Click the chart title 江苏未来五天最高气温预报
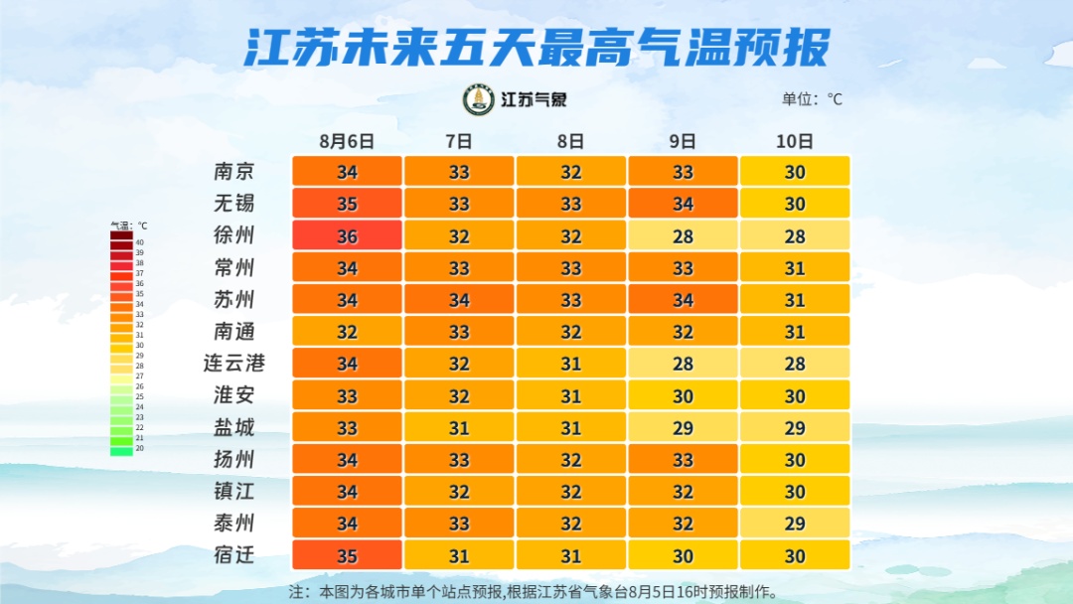tap(536, 46)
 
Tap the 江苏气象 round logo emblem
tap(479, 99)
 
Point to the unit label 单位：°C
tap(812, 99)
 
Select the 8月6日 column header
tap(347, 141)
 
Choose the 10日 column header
tap(795, 141)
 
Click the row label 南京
tap(234, 171)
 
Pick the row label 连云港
tap(234, 364)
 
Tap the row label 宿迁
tap(234, 555)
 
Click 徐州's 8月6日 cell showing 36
tap(347, 235)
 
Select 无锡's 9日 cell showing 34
tap(683, 204)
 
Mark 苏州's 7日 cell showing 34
tap(459, 300)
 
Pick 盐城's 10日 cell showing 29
tap(795, 428)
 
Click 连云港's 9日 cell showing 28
tap(683, 364)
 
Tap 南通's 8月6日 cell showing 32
tap(347, 332)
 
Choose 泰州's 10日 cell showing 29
tap(795, 524)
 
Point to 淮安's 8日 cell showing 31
tap(570, 395)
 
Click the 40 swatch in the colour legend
tap(121, 241)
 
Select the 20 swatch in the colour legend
tap(121, 449)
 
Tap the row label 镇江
tap(234, 492)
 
